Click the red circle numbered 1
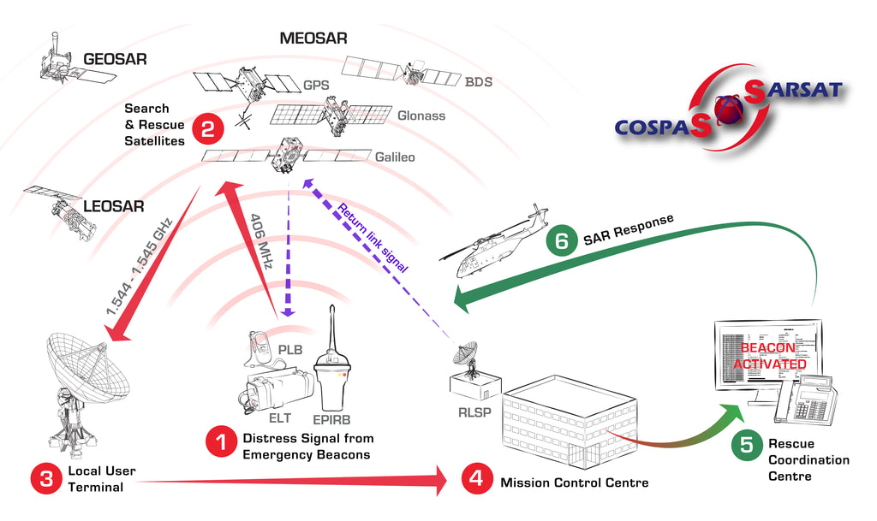coord(220,443)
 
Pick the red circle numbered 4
coord(477,479)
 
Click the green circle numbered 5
coord(747,444)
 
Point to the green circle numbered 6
coord(561,241)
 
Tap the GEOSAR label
coord(116,60)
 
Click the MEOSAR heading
coord(313,38)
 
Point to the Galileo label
coord(395,157)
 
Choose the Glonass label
coord(421,115)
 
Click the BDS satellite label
coord(479,83)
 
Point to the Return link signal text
coord(370,235)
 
